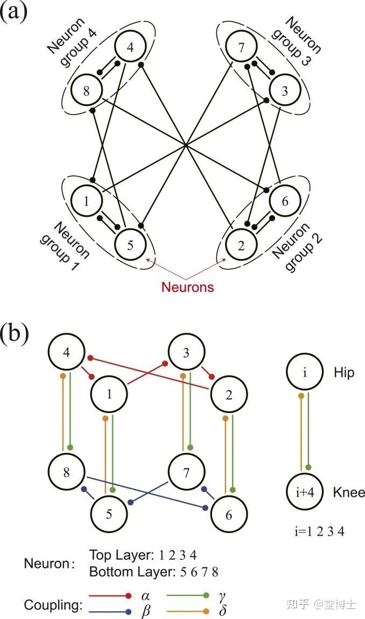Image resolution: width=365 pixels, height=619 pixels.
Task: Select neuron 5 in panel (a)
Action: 130,245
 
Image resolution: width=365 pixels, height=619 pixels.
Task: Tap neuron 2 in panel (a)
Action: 241,245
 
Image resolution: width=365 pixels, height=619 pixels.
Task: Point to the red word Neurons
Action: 187,287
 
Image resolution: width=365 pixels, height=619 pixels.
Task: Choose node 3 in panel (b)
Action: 186,352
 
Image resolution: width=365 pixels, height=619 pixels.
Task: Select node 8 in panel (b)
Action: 66,472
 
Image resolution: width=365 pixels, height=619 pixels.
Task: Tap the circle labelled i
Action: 305,372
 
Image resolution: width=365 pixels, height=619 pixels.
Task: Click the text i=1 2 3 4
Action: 319,531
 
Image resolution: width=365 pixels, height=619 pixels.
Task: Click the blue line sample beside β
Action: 110,611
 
